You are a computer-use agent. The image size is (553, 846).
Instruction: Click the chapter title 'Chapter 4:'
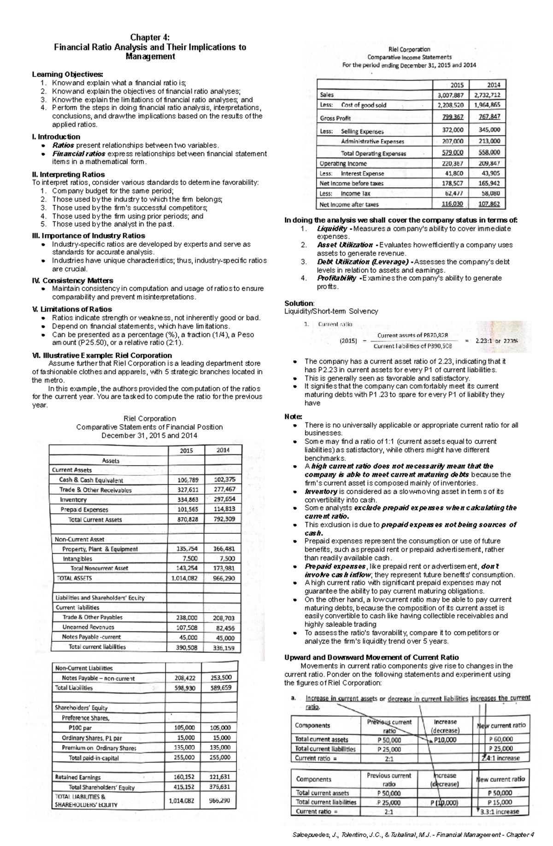[150, 37]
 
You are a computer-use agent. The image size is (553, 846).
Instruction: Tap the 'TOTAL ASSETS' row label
[74, 578]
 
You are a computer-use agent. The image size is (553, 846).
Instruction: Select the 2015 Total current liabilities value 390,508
[186, 647]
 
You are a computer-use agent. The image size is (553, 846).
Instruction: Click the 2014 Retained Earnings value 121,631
[220, 777]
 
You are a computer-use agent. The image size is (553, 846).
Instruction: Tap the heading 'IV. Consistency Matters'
[72, 280]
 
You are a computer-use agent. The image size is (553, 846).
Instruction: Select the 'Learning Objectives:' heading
[67, 74]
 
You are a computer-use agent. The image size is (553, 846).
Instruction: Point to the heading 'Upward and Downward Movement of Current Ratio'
[371, 657]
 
